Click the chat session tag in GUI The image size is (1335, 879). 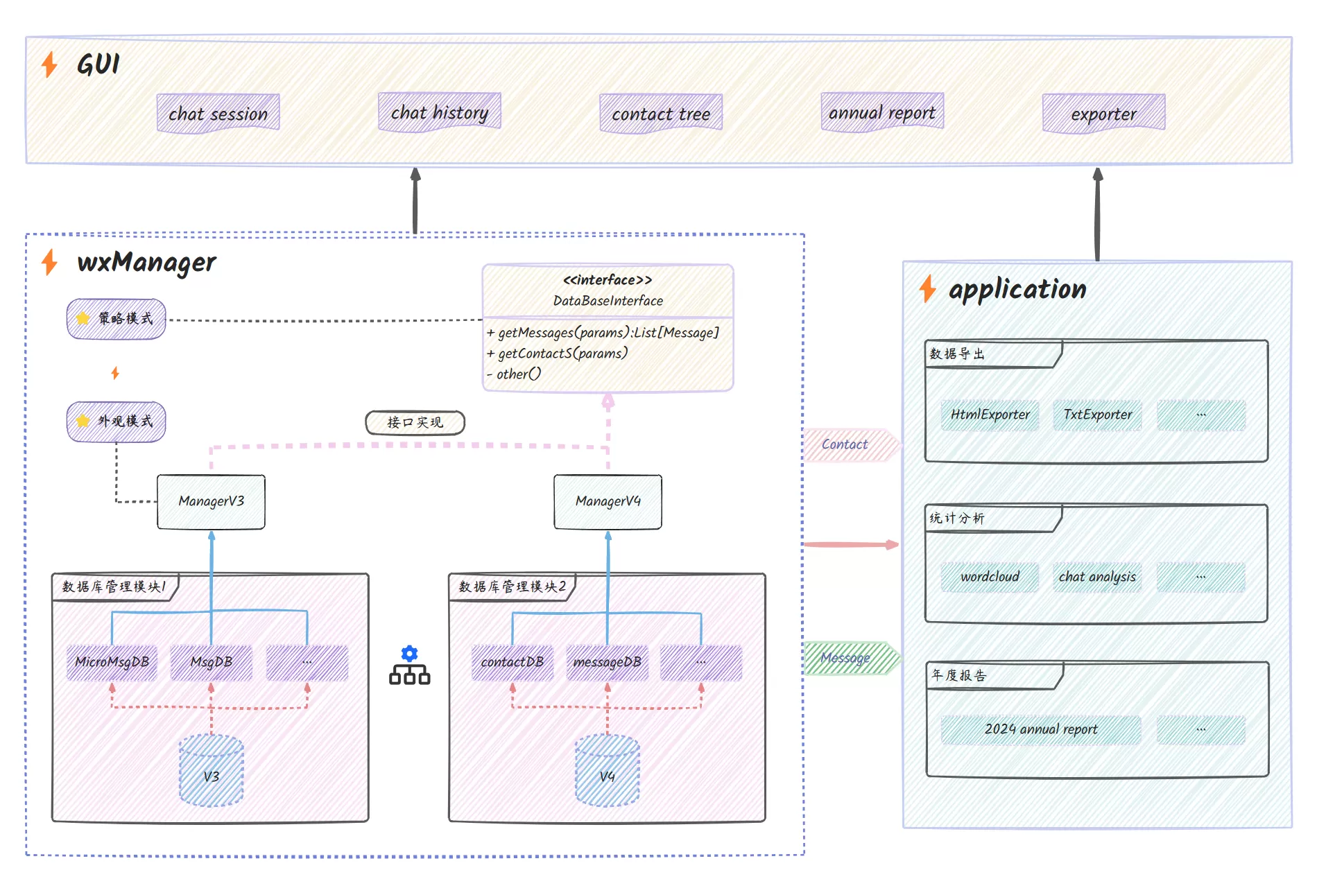(218, 113)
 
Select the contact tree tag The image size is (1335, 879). (661, 113)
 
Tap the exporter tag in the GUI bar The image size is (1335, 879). (1103, 113)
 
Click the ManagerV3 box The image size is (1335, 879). (211, 501)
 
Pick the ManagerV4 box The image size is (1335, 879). (608, 501)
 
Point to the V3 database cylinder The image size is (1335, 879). (211, 770)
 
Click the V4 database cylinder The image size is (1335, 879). (608, 770)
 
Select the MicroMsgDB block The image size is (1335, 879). (112, 662)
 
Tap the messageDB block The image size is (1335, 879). (608, 662)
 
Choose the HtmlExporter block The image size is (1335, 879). (990, 415)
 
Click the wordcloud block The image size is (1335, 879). (990, 577)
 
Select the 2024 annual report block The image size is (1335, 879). (1040, 729)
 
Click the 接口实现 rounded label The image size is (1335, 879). (415, 422)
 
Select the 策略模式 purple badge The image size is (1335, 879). (116, 319)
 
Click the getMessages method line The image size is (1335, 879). (603, 333)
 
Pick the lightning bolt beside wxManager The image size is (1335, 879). (49, 262)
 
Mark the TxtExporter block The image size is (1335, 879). (1097, 415)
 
